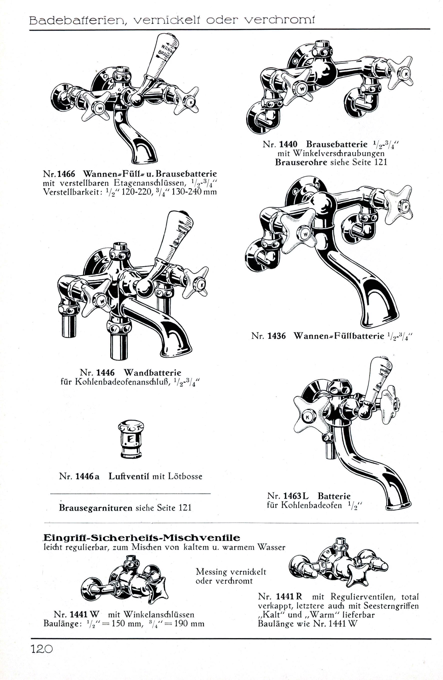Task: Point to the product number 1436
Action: point(276,336)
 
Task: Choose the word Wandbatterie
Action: point(152,373)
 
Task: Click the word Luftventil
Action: point(129,476)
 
